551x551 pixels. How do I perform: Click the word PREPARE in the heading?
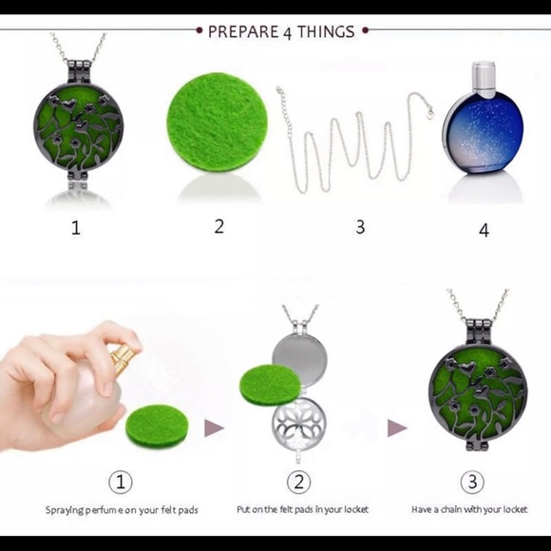(243, 31)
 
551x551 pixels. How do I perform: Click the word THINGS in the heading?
(326, 31)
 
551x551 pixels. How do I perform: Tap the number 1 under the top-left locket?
(76, 227)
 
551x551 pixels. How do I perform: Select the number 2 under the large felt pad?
(218, 226)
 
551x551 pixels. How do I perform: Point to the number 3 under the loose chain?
(360, 227)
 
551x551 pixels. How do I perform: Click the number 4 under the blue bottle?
(484, 230)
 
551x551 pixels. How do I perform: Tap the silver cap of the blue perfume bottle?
(484, 79)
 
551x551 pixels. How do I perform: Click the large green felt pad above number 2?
(217, 122)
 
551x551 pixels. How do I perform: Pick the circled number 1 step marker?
(121, 482)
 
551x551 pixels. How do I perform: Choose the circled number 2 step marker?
(298, 482)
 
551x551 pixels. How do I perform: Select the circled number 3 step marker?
(473, 482)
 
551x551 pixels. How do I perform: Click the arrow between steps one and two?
(214, 427)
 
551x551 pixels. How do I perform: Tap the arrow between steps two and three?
(397, 427)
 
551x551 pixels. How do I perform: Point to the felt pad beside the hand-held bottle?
(157, 426)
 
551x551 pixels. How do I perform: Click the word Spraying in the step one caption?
(65, 510)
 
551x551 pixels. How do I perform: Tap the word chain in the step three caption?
(450, 509)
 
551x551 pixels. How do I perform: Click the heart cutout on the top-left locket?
(69, 104)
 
